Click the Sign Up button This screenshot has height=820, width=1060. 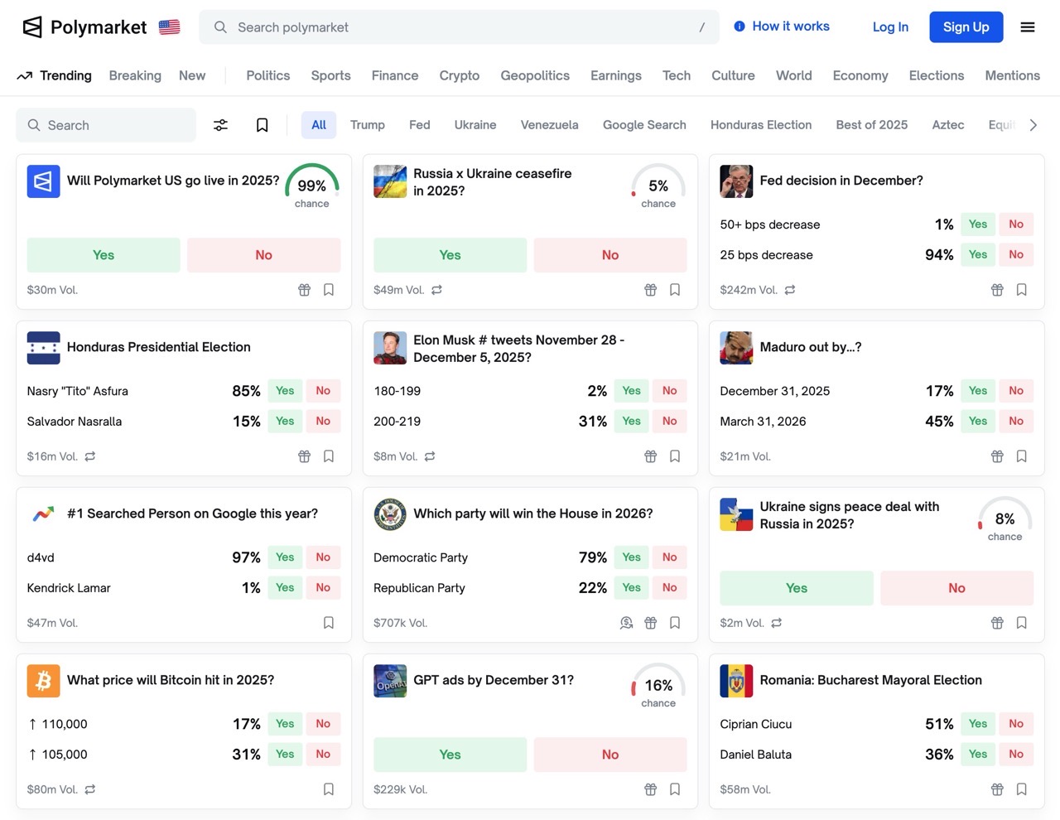click(x=966, y=27)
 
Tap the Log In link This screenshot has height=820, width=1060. click(x=890, y=27)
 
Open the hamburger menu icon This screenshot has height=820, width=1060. click(x=1028, y=27)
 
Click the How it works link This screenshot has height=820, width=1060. click(x=782, y=27)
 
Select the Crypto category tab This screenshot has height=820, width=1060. click(x=460, y=75)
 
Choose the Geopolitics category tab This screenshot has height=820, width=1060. click(x=535, y=75)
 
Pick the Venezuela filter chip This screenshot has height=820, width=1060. click(x=549, y=125)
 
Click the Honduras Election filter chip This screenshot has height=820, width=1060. click(x=760, y=125)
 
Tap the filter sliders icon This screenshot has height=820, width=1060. click(x=221, y=125)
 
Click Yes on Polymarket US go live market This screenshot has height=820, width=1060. click(x=104, y=255)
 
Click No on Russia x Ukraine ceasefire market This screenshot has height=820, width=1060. click(x=610, y=255)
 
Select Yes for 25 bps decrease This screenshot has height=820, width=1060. click(x=978, y=255)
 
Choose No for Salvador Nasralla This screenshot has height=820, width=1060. click(x=323, y=422)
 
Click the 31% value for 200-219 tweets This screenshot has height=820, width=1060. click(x=593, y=422)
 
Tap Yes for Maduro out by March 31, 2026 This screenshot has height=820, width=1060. click(x=978, y=422)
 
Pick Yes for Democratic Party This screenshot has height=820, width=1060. click(x=631, y=557)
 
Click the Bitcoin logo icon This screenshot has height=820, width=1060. click(x=43, y=681)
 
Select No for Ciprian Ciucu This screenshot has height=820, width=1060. click(x=1016, y=724)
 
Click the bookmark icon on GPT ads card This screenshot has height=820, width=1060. click(x=675, y=789)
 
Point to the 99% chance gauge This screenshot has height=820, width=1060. click(x=312, y=186)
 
